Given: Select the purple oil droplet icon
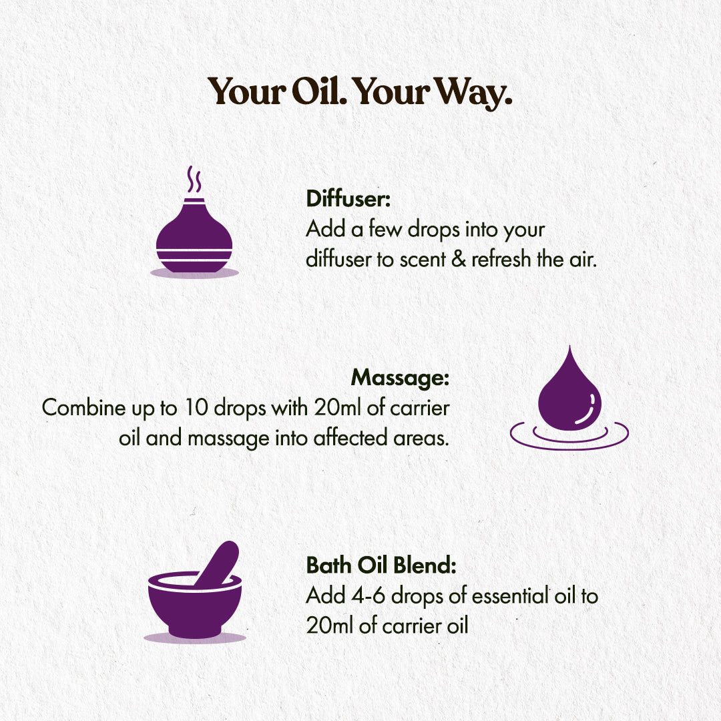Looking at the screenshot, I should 569,394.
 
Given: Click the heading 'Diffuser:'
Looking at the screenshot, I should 348,199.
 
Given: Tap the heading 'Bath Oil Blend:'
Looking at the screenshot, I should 381,565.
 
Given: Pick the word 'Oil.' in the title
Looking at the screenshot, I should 318,92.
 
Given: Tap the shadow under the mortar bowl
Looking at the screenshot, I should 194,638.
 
